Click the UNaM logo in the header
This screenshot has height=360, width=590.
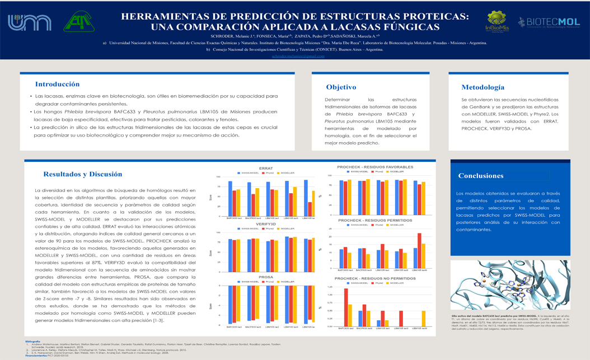point(29,23)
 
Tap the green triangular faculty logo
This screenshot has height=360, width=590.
point(79,23)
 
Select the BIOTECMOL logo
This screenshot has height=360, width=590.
point(548,22)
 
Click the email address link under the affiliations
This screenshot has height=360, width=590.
point(298,56)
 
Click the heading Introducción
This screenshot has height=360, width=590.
point(57,85)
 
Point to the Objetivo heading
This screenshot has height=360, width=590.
point(341,87)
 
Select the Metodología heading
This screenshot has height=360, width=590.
point(483,87)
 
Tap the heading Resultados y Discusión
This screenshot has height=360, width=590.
point(82,174)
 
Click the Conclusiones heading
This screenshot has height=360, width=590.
point(480,176)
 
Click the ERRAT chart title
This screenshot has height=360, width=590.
point(266,169)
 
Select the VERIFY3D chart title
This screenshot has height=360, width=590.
point(266,224)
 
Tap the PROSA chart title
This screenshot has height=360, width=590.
point(266,277)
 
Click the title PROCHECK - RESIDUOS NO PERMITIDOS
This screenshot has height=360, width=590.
point(375,278)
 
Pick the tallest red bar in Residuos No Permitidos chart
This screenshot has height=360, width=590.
point(345,307)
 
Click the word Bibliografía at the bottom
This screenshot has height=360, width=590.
point(33,341)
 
